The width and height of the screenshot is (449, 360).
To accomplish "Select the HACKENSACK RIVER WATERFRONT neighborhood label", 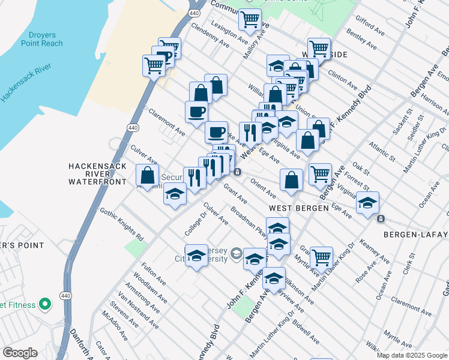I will coord(97,173).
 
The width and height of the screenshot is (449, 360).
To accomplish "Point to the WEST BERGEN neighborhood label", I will coord(298,208).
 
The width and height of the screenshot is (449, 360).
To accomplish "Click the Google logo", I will coord(20,353).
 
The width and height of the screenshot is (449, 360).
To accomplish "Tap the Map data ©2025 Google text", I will coord(412,355).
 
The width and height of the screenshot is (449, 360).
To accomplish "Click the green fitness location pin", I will coord(44,304).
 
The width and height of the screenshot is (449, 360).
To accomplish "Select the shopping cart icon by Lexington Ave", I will coord(250,19).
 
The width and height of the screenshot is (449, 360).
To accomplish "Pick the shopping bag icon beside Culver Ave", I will coord(147,175).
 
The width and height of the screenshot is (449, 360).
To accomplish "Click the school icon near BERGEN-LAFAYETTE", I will coord(367,202).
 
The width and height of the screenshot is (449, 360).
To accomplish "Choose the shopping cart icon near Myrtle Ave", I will coord(322,257).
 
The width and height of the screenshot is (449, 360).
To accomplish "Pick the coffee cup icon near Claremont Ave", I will coord(196,111).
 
